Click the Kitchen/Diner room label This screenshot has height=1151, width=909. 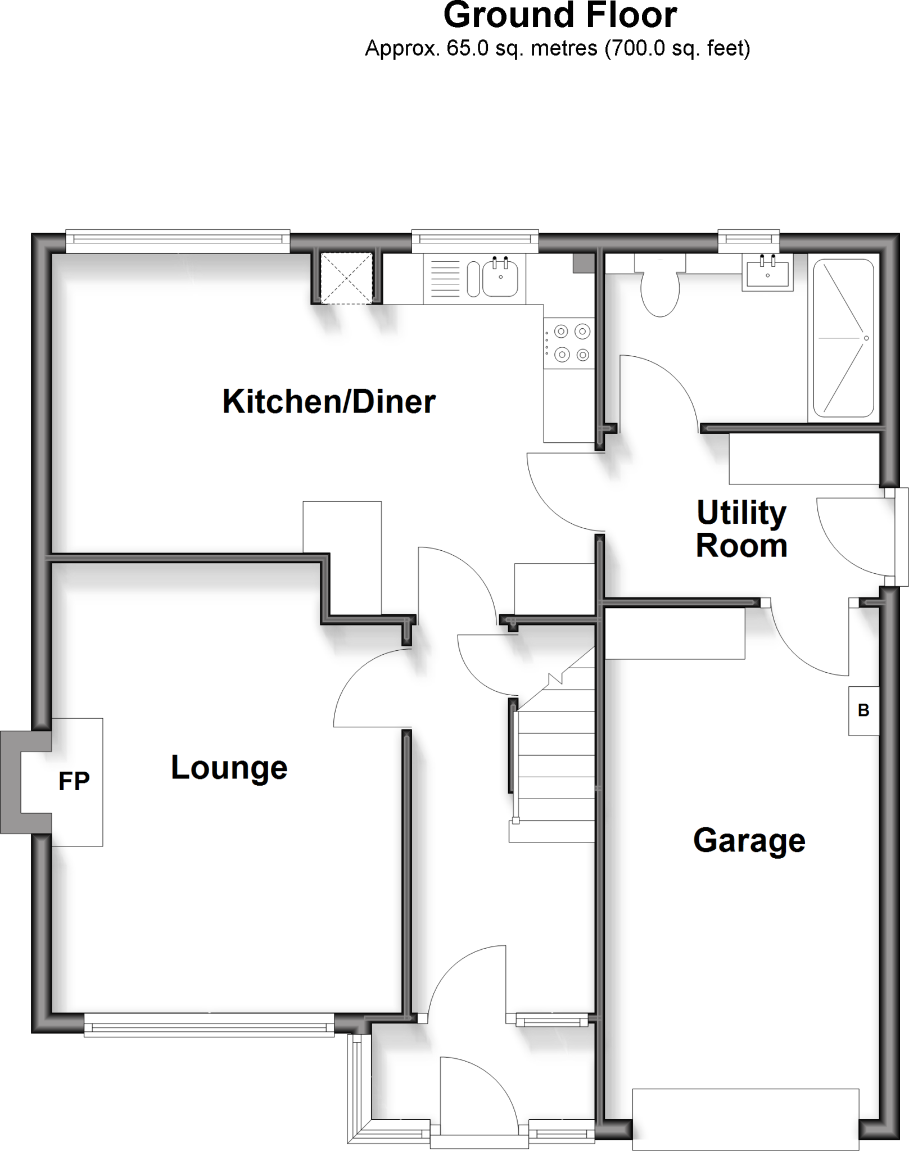[x=329, y=401]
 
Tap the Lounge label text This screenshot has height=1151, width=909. [x=229, y=768]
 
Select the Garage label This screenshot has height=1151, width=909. [x=749, y=841]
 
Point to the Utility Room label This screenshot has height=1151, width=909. [x=741, y=529]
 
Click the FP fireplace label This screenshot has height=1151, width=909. [x=74, y=781]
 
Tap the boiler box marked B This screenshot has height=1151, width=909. [x=863, y=710]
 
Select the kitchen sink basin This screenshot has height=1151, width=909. [x=500, y=276]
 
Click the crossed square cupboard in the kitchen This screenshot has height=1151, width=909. [x=346, y=278]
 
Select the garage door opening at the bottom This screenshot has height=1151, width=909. [x=745, y=1119]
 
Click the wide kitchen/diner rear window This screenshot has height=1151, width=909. [x=178, y=241]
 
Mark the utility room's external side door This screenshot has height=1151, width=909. [x=854, y=537]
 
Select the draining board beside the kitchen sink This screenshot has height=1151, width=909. [x=445, y=277]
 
